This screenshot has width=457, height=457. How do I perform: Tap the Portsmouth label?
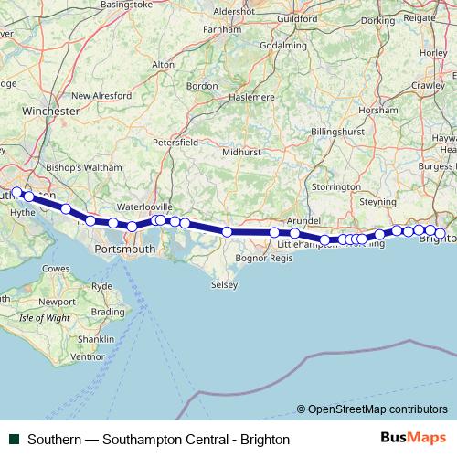(125, 248)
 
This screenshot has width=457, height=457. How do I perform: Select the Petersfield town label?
(175, 143)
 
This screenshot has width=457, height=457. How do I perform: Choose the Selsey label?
(224, 285)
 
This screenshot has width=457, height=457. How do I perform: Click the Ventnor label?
(87, 356)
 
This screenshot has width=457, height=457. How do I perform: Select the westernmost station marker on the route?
(16, 192)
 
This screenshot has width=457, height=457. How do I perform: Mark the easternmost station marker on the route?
(440, 234)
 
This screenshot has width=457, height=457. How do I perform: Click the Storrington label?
(336, 186)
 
